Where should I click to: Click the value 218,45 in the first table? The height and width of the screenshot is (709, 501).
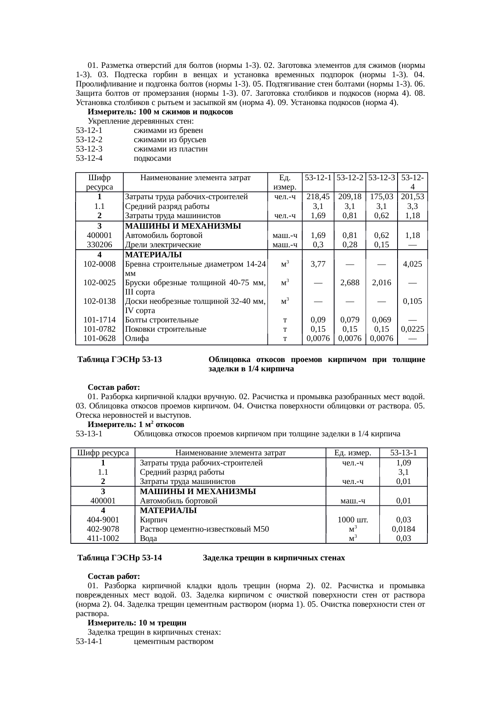point(318,197)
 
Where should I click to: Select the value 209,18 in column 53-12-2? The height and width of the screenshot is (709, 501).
point(349,197)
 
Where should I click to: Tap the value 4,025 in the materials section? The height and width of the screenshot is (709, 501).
point(413,264)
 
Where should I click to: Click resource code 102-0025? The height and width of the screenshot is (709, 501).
point(99,283)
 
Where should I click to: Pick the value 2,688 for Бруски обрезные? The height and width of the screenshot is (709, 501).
point(349,283)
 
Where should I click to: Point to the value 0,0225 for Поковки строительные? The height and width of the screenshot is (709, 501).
point(413,329)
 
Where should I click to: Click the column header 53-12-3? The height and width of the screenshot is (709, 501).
point(381,177)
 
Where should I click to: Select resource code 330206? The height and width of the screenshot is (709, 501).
point(99,245)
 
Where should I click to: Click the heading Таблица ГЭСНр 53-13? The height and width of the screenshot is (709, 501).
point(120,360)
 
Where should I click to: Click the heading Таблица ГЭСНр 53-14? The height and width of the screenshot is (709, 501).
point(120,558)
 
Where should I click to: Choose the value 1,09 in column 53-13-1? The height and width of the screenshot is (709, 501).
point(404,463)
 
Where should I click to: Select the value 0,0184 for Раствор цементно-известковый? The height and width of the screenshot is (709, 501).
point(404,529)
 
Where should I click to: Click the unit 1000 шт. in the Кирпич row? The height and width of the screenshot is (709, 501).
point(353,520)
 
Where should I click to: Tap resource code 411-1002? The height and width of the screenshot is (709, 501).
point(103,539)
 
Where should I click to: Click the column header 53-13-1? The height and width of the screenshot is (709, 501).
point(404,453)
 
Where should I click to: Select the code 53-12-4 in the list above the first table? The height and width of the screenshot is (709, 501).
point(89,158)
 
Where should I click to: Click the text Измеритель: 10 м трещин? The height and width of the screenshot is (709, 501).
point(137,623)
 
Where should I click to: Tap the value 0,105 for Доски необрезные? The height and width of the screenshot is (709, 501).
point(413,301)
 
